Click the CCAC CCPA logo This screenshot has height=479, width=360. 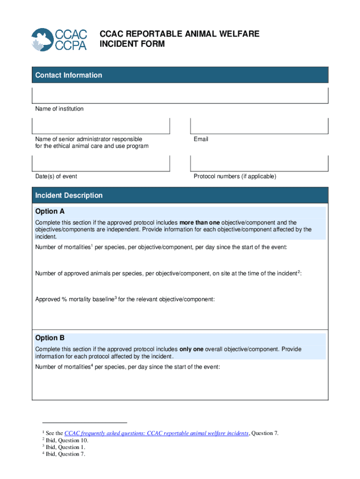pos(59,40)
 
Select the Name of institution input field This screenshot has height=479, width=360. pos(180,95)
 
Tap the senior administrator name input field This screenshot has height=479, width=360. pos(101,126)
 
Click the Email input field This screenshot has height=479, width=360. pos(259,126)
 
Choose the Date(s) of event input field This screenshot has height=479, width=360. pos(101,163)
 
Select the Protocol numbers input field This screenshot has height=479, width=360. pos(259,163)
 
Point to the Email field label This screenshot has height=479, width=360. pos(201,139)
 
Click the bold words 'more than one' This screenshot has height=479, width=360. pos(200,223)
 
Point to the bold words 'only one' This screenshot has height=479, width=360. pos(192,349)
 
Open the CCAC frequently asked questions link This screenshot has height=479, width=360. pos(156,433)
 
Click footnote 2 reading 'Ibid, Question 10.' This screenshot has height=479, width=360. pos(67,440)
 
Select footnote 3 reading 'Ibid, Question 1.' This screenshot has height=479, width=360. pos(65,447)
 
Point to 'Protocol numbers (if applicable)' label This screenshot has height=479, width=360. pos(235,176)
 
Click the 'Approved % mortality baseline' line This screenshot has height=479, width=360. pos(125,299)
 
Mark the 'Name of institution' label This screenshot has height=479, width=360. pos(59,109)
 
